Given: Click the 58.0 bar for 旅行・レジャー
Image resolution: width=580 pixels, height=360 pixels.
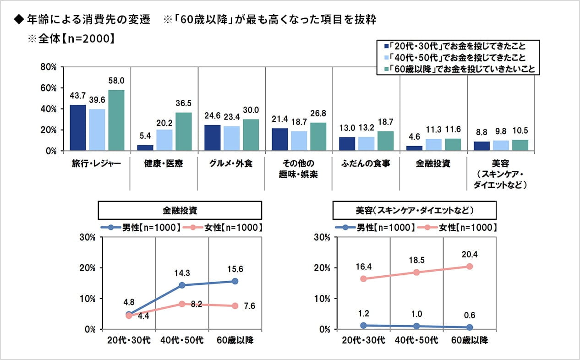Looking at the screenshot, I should (x=116, y=120).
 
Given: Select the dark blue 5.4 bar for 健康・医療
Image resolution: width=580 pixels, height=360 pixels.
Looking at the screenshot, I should (x=145, y=148).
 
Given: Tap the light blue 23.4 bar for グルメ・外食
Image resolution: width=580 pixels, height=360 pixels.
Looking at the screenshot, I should (x=232, y=138).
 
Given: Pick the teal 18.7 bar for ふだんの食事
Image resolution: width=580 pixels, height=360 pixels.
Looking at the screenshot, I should (x=385, y=141).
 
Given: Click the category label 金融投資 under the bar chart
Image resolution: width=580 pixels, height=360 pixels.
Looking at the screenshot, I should (x=433, y=164).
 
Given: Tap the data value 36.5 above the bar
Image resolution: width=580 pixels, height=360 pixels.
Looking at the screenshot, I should (x=184, y=103).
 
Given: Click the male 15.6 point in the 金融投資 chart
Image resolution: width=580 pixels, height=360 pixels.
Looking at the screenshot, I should (x=235, y=281).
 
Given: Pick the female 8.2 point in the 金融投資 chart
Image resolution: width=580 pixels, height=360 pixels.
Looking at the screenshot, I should (x=182, y=304).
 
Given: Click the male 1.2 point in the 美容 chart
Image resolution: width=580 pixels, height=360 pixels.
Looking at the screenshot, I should (x=363, y=325).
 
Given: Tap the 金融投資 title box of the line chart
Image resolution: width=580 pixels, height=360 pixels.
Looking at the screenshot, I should (x=180, y=211).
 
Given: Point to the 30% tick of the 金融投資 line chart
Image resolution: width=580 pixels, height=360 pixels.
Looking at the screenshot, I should (x=87, y=237).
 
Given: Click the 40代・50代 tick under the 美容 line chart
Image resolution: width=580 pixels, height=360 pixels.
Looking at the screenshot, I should (x=416, y=340).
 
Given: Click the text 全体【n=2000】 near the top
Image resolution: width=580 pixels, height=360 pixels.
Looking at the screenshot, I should (x=72, y=38).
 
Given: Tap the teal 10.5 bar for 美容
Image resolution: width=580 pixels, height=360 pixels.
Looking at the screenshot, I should (x=520, y=145).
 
